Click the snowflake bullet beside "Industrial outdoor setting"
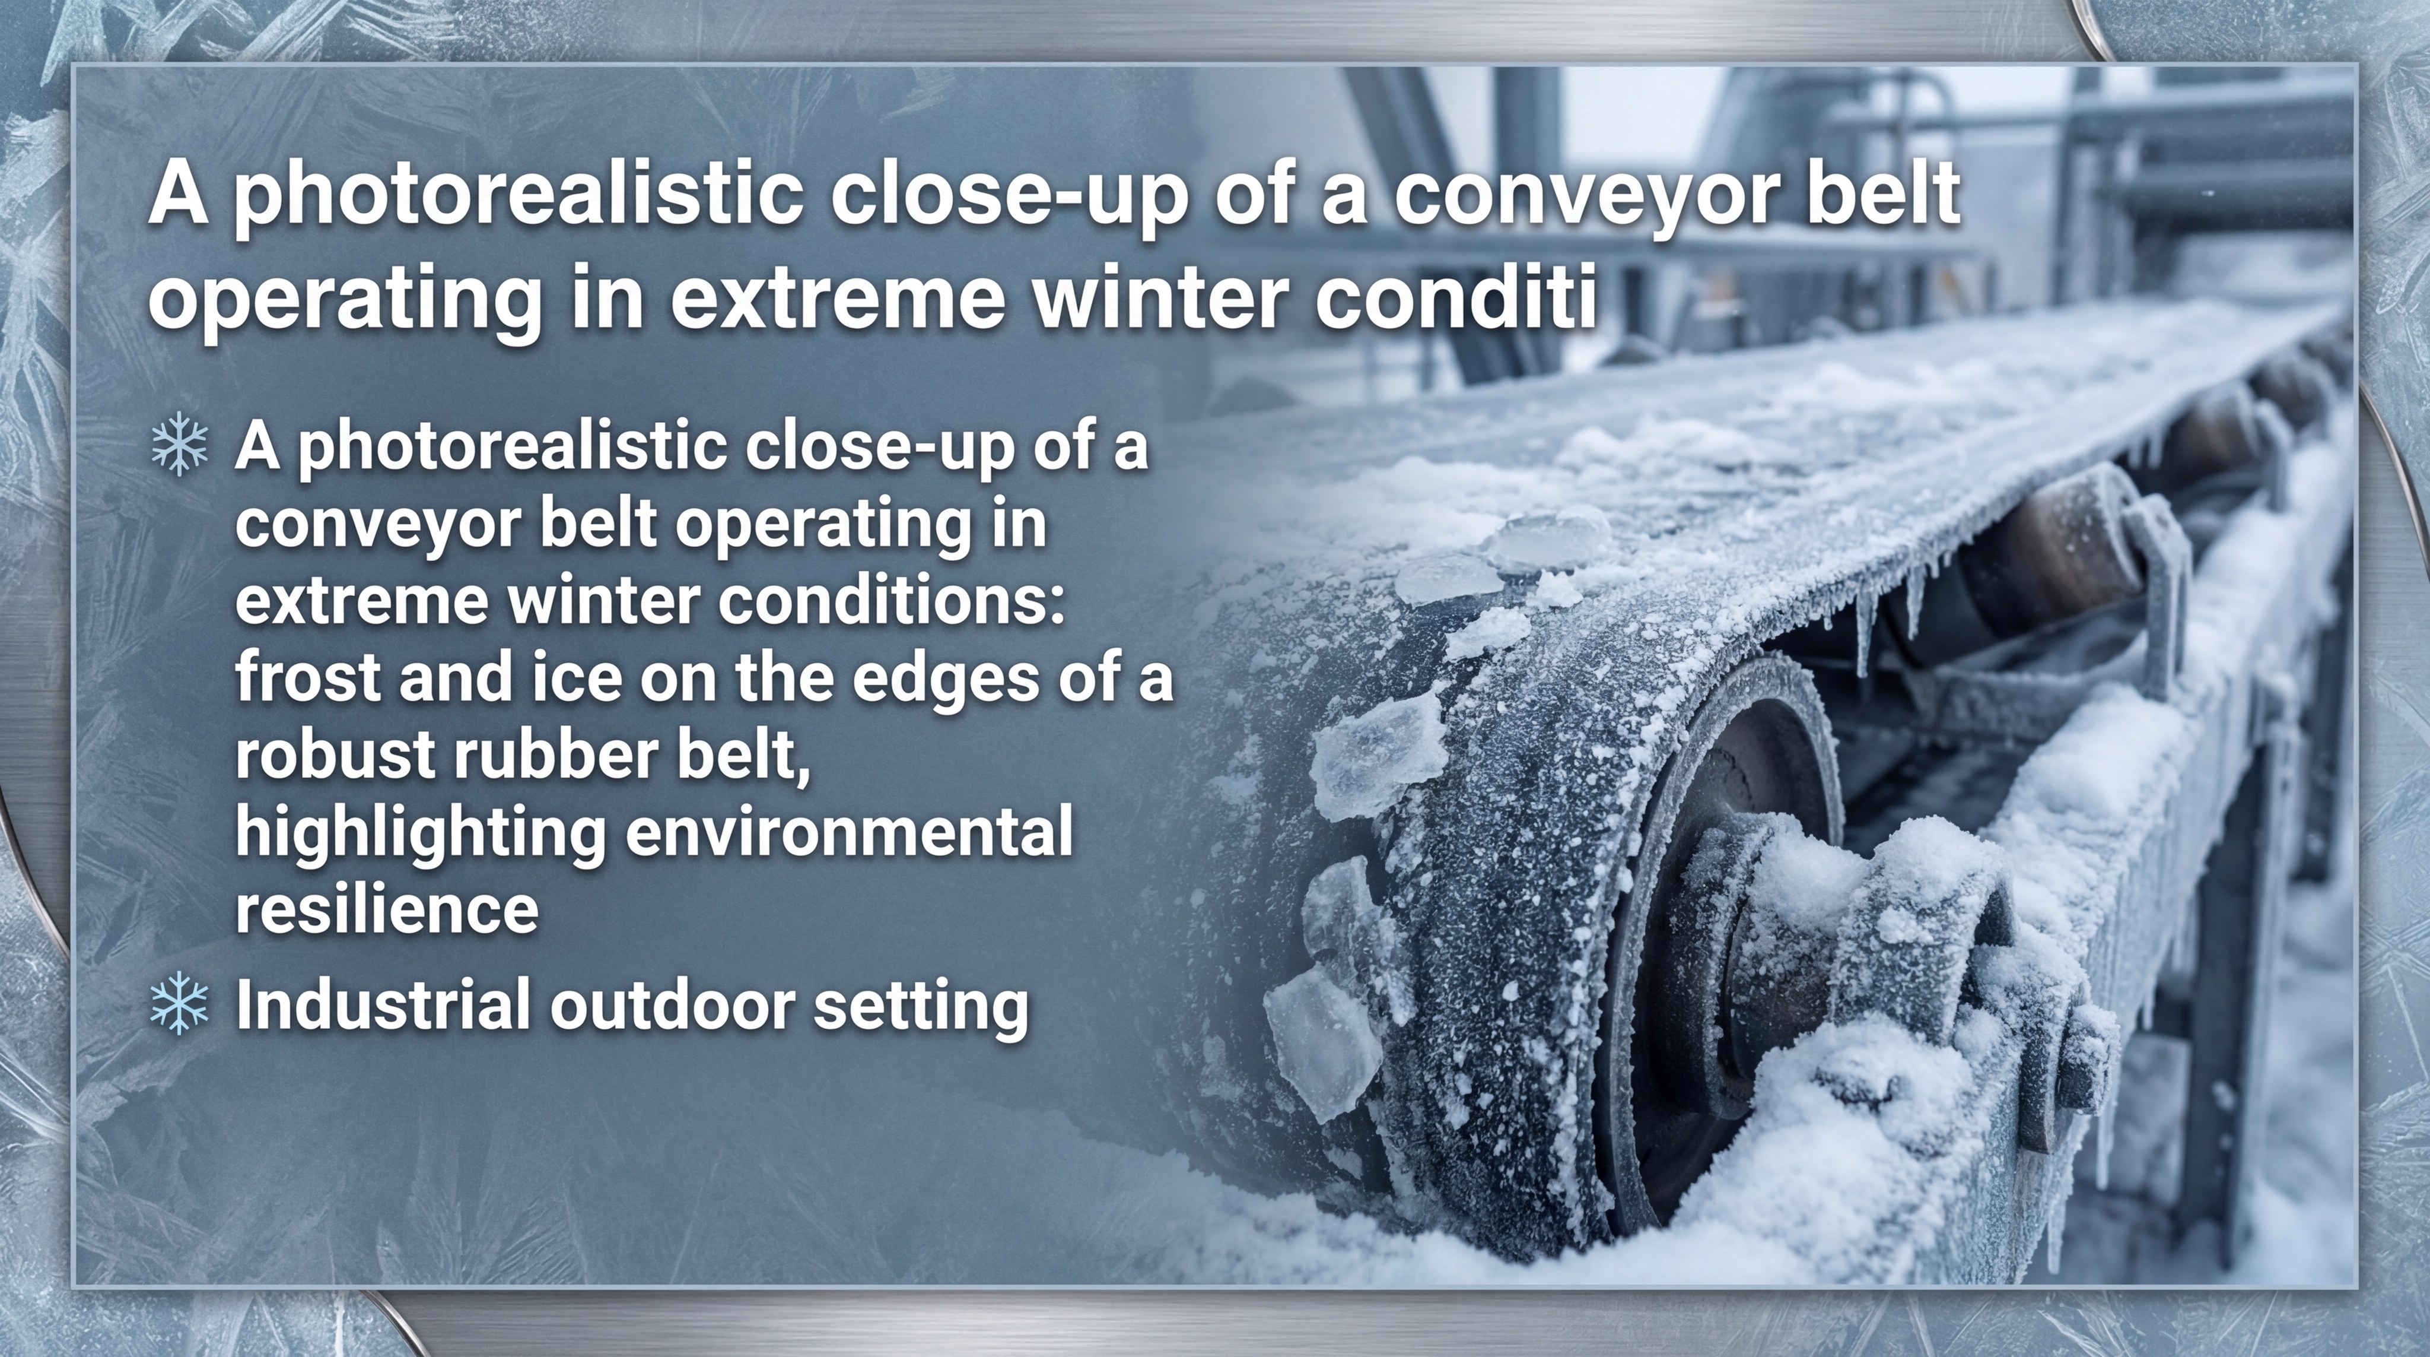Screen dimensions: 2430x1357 (179, 1004)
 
